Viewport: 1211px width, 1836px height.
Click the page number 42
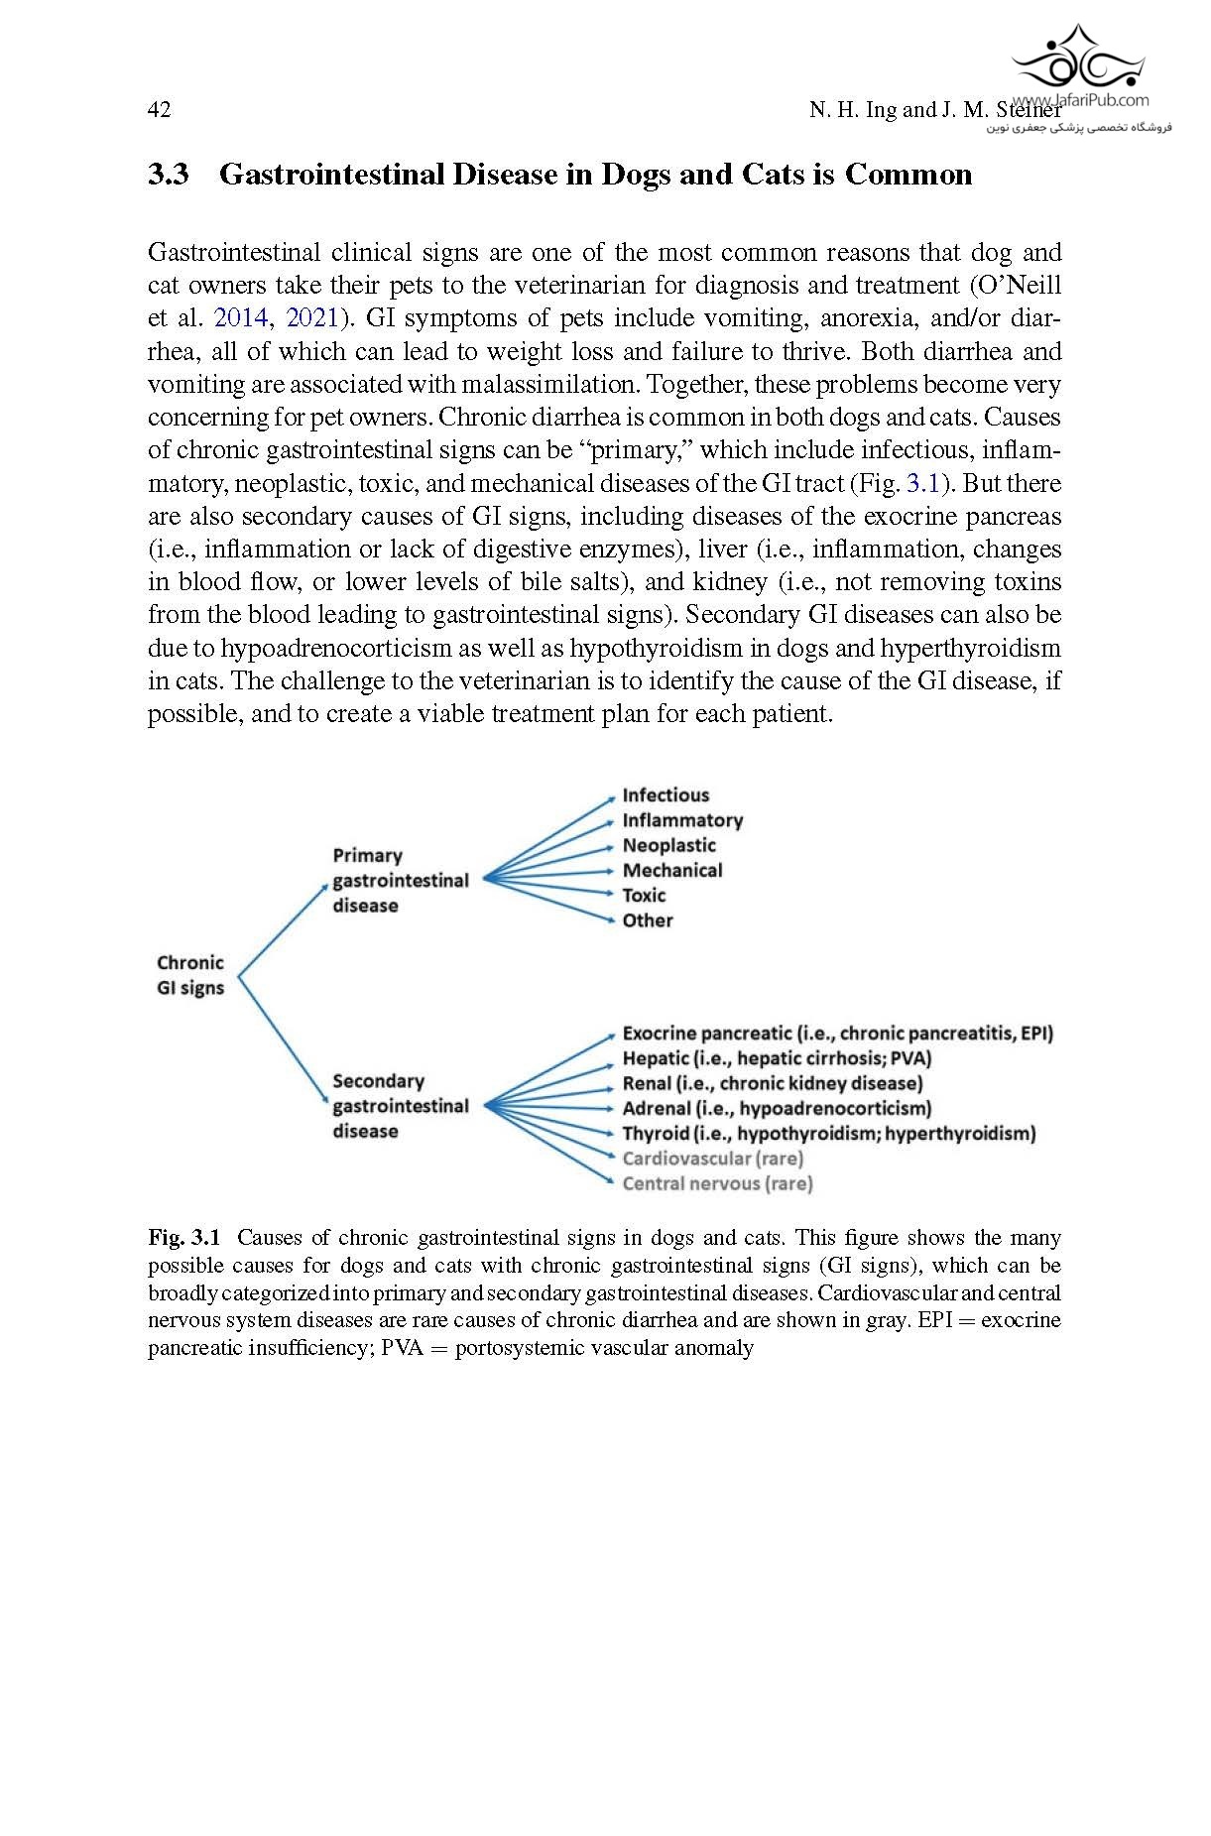159,109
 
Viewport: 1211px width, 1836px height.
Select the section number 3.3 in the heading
169,175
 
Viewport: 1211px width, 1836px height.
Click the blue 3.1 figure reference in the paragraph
922,484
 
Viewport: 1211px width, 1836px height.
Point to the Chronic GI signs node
190,975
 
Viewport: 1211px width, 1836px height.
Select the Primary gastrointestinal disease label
400,881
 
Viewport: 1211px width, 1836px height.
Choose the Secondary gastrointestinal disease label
400,1106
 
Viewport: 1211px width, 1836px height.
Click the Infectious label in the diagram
666,796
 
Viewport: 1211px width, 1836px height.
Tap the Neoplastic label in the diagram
668,846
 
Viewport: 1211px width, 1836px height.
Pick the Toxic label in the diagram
644,896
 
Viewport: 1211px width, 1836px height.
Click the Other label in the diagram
648,920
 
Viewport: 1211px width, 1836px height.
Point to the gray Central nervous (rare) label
717,1183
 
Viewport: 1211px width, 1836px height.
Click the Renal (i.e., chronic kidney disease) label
772,1083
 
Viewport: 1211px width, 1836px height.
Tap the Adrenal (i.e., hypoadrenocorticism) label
777,1108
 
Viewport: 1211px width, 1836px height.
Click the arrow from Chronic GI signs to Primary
283,929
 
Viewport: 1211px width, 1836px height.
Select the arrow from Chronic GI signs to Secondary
283,1040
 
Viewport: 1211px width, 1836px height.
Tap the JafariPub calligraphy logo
1078,61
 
